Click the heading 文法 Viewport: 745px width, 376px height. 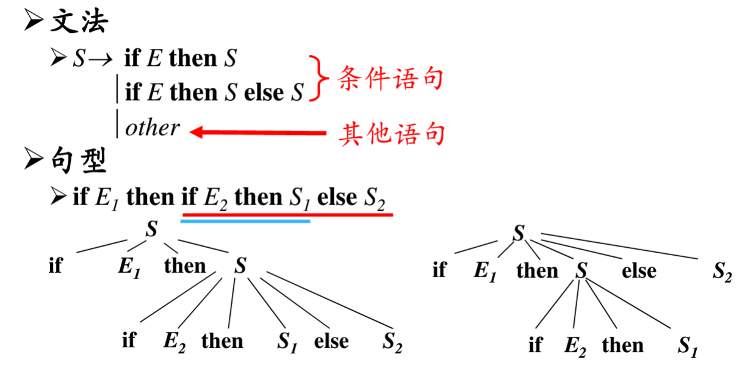click(80, 22)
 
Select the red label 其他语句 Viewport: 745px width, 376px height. click(391, 132)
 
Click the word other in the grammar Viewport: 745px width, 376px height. click(152, 128)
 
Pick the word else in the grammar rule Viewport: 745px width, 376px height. click(264, 93)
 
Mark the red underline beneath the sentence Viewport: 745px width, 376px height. click(287, 214)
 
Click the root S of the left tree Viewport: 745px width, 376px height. click(152, 231)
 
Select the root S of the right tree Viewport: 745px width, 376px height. click(519, 233)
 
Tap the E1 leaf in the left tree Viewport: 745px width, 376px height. click(129, 269)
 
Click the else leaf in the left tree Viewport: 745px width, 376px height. click(331, 341)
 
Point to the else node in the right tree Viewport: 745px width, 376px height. click(639, 270)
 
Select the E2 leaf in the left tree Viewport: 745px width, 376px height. click(174, 342)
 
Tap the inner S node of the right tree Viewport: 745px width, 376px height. click(581, 270)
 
